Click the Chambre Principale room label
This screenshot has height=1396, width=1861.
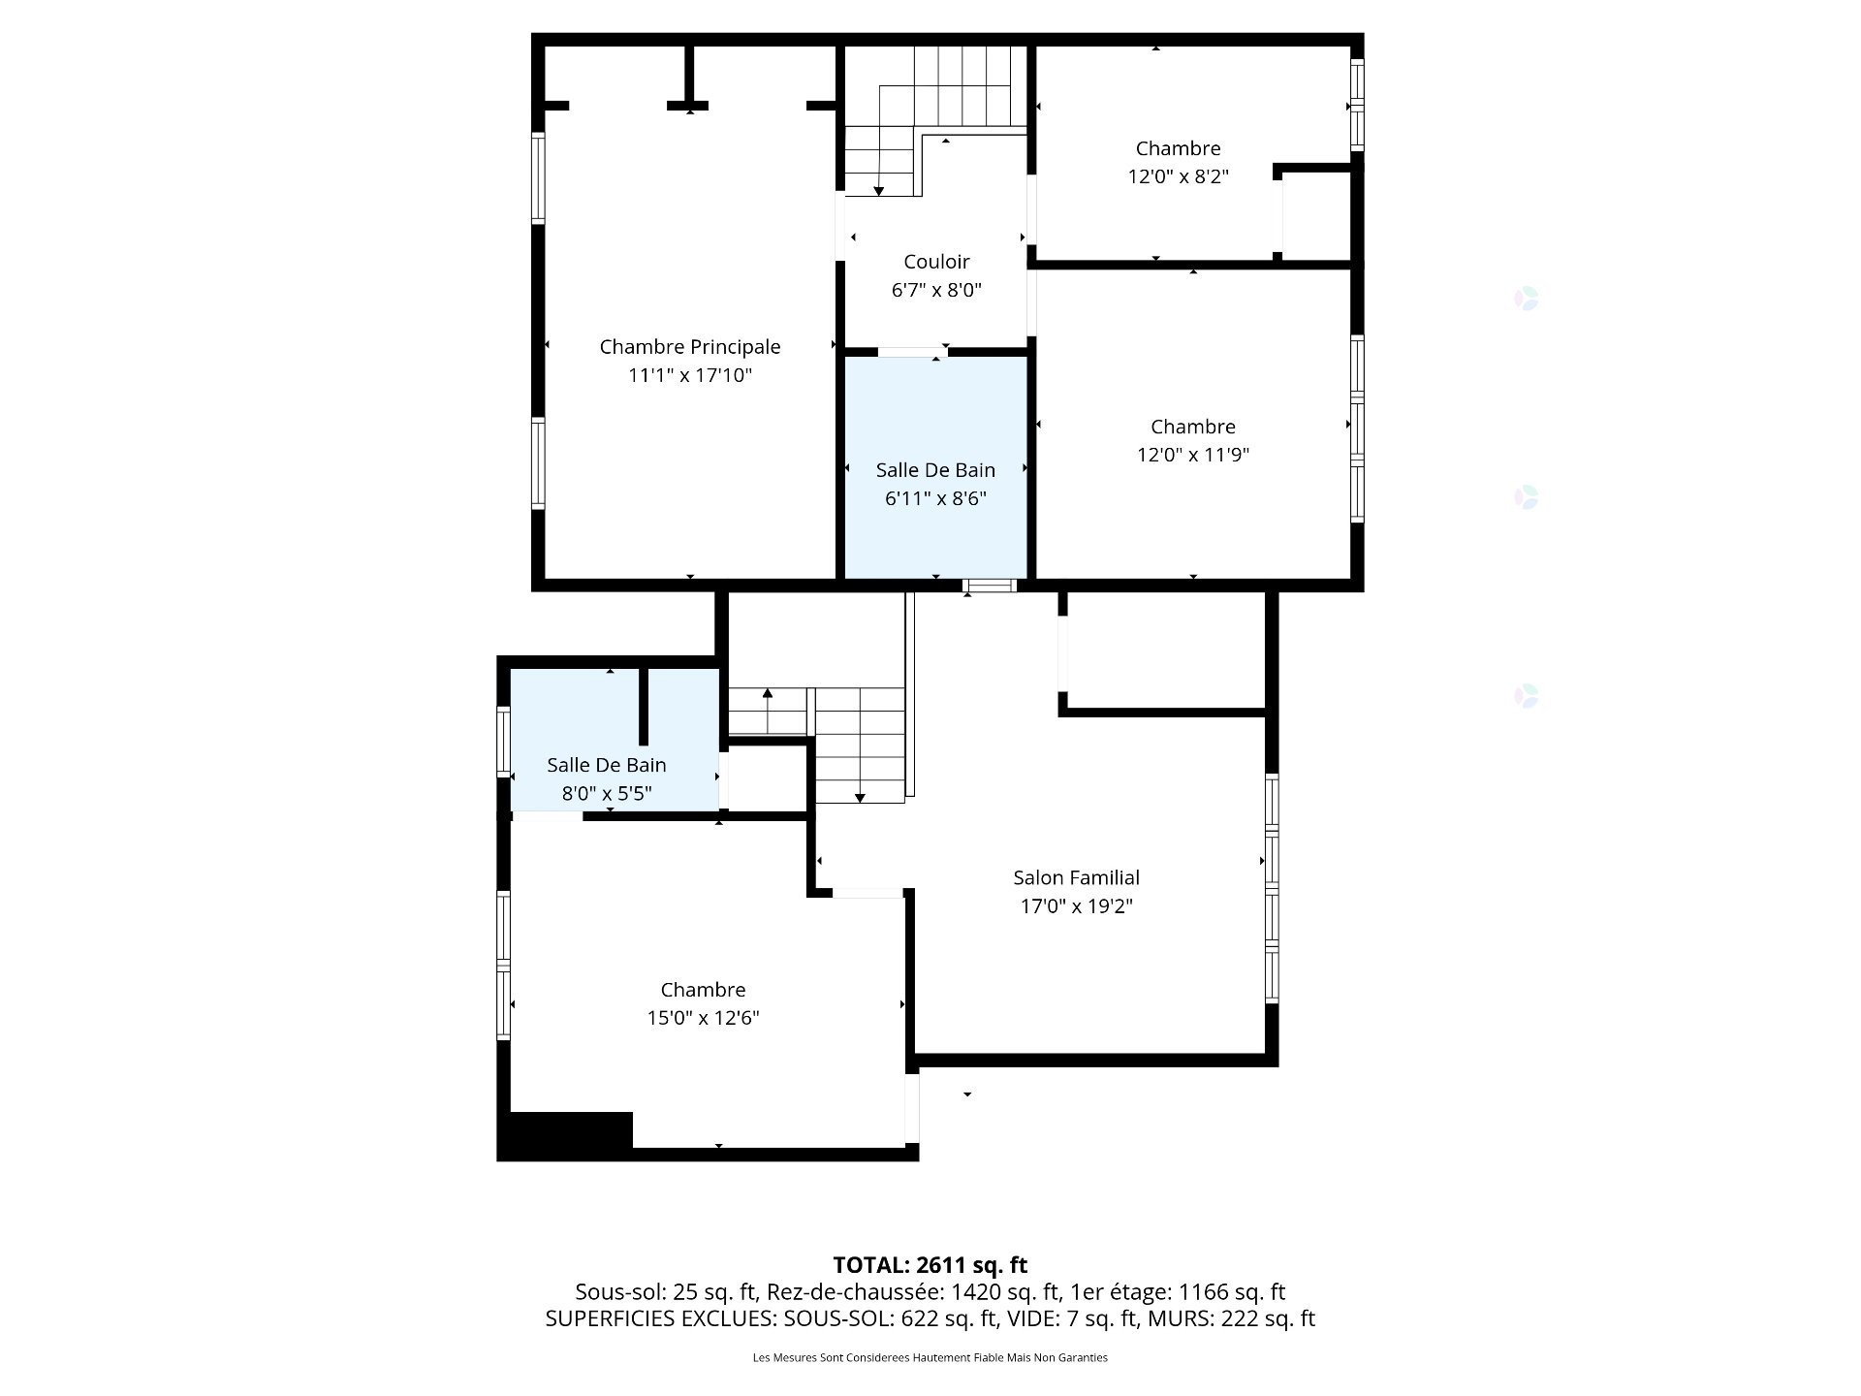pyautogui.click(x=690, y=347)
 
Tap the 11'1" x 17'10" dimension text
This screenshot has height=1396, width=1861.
pyautogui.click(x=690, y=375)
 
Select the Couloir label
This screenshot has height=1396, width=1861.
pyautogui.click(x=936, y=262)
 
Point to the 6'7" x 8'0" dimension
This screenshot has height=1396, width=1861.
pyautogui.click(x=936, y=290)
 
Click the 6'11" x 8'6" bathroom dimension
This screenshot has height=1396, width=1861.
pyautogui.click(x=935, y=498)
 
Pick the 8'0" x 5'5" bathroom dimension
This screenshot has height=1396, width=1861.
pyautogui.click(x=607, y=793)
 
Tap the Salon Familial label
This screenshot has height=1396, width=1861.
pyautogui.click(x=1076, y=877)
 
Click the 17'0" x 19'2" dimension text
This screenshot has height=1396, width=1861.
pyautogui.click(x=1076, y=906)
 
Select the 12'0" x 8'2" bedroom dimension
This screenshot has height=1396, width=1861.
pyautogui.click(x=1179, y=176)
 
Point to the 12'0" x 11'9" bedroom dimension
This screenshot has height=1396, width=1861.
pyautogui.click(x=1193, y=455)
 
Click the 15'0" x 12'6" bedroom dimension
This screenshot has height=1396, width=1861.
pyautogui.click(x=703, y=1018)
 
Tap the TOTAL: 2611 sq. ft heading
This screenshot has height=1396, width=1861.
pyautogui.click(x=930, y=1265)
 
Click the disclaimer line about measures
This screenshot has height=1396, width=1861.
pyautogui.click(x=930, y=1357)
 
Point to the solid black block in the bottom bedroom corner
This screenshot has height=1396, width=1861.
pyautogui.click(x=571, y=1130)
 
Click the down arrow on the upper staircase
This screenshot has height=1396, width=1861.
pyautogui.click(x=878, y=191)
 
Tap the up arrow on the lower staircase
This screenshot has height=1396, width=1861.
pyautogui.click(x=767, y=693)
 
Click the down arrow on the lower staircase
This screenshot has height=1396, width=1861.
pyautogui.click(x=860, y=798)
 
